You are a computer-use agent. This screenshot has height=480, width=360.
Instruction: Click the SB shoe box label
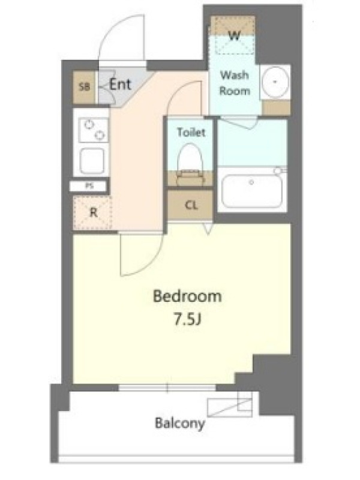pos(85,87)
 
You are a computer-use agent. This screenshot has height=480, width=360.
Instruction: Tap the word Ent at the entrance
pos(121,84)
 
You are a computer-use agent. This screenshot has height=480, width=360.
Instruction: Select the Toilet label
pos(191,132)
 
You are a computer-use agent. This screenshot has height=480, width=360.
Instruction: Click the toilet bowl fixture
pos(190,157)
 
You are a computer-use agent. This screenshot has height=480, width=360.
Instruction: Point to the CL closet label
pos(191,205)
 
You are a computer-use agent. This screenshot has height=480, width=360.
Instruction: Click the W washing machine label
pos(235,36)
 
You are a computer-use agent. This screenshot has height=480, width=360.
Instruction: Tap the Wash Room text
pos(235,83)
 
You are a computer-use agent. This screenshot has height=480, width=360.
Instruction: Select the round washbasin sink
pos(275,82)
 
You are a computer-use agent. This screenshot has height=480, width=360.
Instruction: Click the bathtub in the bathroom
pos(251,191)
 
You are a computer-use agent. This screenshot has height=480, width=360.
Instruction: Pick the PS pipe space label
pos(89,186)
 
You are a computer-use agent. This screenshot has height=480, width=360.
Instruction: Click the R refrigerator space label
pos(94,212)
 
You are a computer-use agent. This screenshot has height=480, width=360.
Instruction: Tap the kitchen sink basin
pos(92,161)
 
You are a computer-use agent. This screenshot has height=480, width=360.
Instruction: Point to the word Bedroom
pos(187,296)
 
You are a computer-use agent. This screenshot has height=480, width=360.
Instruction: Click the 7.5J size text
pos(187,320)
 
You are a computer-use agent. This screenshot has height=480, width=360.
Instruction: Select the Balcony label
pos(179,423)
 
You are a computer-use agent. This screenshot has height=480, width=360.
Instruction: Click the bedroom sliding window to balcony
pos(167,388)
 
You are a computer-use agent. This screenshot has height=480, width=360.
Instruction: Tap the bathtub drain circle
pos(251,182)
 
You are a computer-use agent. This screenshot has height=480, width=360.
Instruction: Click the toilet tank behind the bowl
pos(190,179)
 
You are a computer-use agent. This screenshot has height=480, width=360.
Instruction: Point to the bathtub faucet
pos(278,170)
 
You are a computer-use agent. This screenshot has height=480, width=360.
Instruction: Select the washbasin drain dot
pos(275,82)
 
